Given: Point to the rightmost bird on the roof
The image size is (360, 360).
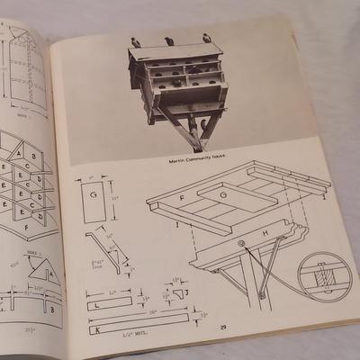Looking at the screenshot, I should (x=207, y=38).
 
